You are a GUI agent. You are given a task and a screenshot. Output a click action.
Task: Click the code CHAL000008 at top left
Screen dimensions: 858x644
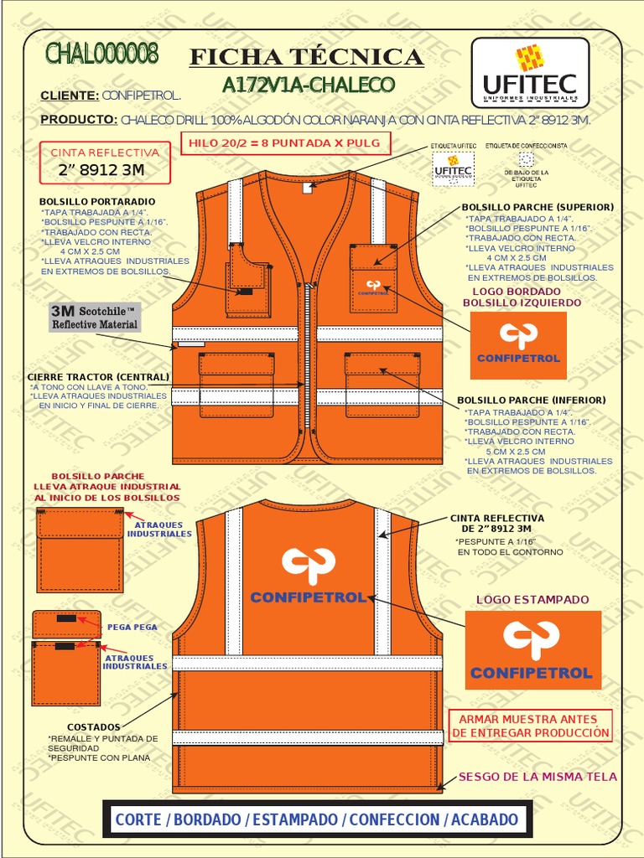tap(101, 54)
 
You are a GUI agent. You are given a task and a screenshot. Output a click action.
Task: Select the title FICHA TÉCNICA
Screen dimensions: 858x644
tap(306, 57)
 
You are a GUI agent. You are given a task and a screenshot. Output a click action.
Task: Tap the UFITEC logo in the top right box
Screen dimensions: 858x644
tap(529, 72)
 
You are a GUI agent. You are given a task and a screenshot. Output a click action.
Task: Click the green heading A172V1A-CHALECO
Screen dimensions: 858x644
tap(308, 85)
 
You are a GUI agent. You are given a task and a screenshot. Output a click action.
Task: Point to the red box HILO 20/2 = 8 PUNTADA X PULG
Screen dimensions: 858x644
tap(284, 143)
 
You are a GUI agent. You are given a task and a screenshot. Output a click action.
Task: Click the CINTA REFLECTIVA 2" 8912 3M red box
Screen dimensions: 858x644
tap(105, 163)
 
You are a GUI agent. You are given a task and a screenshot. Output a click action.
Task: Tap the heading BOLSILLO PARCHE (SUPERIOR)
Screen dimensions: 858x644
tap(538, 207)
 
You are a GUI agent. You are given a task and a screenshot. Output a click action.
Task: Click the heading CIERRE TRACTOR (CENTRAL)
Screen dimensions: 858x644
tap(98, 377)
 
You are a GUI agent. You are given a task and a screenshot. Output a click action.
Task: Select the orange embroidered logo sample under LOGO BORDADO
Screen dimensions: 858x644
tap(518, 344)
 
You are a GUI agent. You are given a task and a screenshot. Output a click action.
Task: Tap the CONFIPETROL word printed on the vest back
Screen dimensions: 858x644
tap(309, 597)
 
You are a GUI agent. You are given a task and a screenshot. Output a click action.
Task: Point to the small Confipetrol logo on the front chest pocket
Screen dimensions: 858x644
tap(374, 287)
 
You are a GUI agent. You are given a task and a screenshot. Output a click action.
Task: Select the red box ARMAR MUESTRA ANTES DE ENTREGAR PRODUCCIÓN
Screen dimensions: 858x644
tap(531, 726)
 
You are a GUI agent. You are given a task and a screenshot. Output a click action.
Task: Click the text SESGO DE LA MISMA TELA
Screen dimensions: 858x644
tap(538, 777)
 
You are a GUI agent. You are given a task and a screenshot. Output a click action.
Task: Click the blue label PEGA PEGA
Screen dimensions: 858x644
tap(132, 627)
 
